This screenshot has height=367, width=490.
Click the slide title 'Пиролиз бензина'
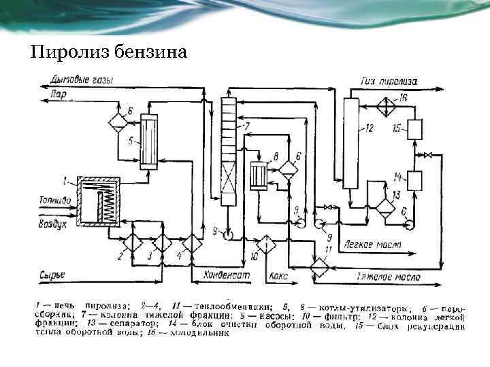pyautogui.click(x=108, y=52)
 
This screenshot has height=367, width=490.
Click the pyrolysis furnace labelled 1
pyautogui.click(x=99, y=201)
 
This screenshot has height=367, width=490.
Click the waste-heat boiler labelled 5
pyautogui.click(x=148, y=143)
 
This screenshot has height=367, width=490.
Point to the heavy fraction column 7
pyautogui.click(x=228, y=150)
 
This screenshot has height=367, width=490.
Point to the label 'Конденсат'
pyautogui.click(x=226, y=277)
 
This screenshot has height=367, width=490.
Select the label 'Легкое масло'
pyautogui.click(x=373, y=243)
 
